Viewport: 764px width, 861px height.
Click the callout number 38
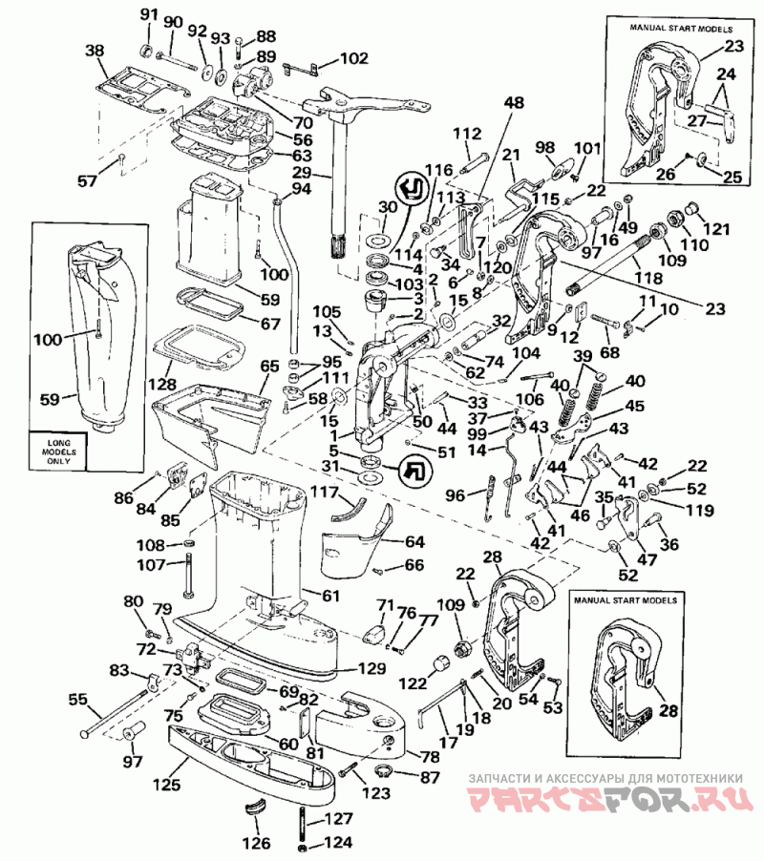coord(95,51)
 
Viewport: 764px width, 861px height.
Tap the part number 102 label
coord(354,57)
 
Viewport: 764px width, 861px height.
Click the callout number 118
coord(648,278)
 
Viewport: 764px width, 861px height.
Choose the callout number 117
coord(324,492)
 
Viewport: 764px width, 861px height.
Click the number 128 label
coord(162,384)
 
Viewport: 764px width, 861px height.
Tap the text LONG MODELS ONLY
coord(59,451)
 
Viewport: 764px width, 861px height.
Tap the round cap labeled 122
coord(440,663)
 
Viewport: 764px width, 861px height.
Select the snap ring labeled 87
coord(383,770)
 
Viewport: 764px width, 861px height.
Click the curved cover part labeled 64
coord(355,541)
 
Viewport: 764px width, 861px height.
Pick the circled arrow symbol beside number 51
coord(415,470)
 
